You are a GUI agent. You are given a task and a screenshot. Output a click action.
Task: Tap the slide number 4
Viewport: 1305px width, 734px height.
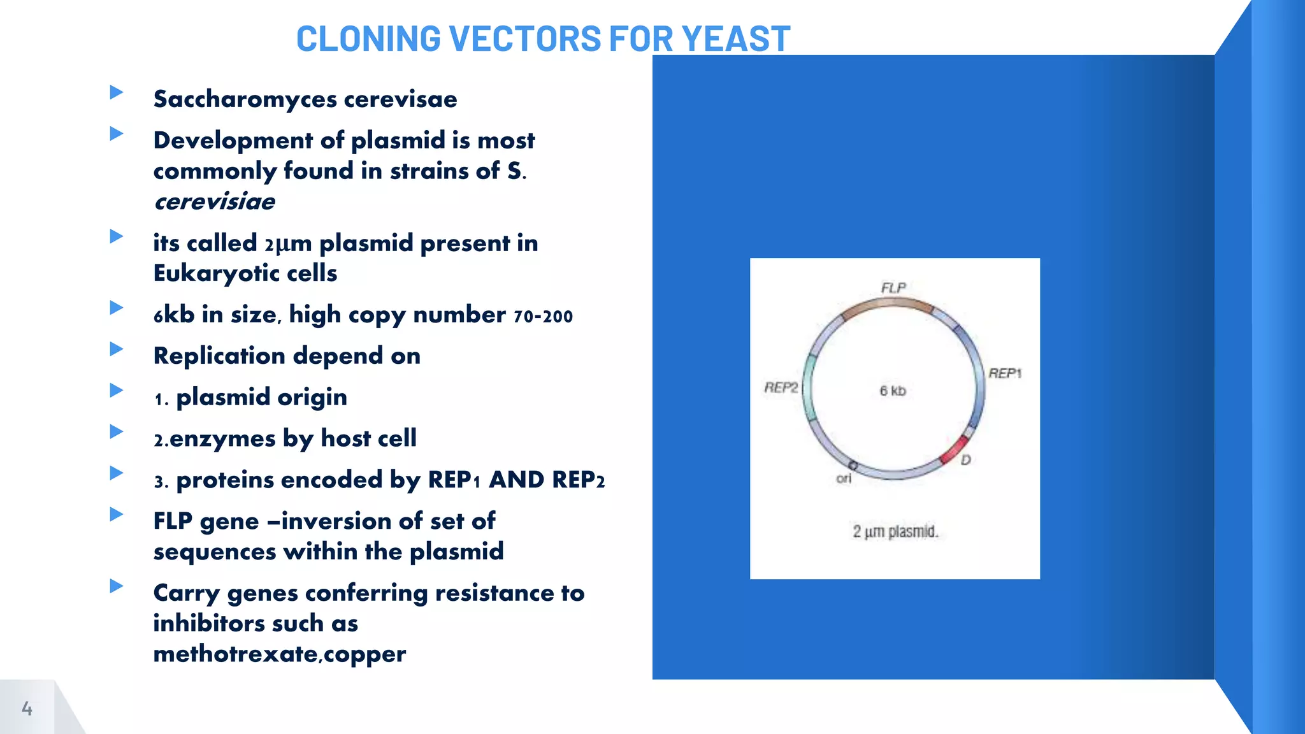pyautogui.click(x=27, y=708)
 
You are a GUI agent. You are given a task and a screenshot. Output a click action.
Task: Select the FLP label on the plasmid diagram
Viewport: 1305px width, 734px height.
pyautogui.click(x=893, y=288)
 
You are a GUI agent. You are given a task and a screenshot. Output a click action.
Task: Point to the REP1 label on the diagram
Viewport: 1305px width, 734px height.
pyautogui.click(x=1004, y=373)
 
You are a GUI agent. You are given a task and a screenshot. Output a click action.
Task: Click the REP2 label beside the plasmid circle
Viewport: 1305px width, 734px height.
pyautogui.click(x=781, y=387)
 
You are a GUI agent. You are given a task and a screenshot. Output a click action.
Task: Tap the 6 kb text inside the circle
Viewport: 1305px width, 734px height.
pyautogui.click(x=892, y=391)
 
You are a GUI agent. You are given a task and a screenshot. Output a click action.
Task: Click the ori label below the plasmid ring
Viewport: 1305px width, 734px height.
pyautogui.click(x=844, y=479)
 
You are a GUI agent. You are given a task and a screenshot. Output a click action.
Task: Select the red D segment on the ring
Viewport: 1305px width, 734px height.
pyautogui.click(x=954, y=450)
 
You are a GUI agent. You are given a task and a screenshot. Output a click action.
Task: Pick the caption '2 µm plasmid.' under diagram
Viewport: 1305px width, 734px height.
pyautogui.click(x=895, y=531)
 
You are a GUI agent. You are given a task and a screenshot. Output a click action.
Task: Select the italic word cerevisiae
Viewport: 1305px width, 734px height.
pyautogui.click(x=214, y=202)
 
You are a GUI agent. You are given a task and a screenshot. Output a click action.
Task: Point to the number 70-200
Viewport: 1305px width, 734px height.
pyautogui.click(x=543, y=316)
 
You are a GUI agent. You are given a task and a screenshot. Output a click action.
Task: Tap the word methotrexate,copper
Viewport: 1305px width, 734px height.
pyautogui.click(x=279, y=654)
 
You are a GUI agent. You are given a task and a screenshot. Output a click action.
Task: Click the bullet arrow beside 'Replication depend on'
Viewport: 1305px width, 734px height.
pyautogui.click(x=116, y=349)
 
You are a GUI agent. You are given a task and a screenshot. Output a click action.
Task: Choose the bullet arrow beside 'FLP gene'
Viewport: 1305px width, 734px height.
pyautogui.click(x=116, y=514)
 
